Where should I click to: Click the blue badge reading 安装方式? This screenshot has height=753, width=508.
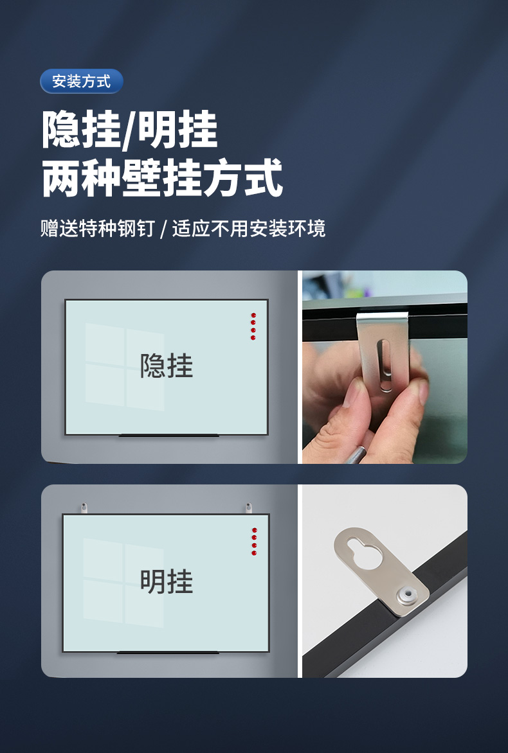(x=81, y=81)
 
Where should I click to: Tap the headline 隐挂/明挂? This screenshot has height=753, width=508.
(x=130, y=130)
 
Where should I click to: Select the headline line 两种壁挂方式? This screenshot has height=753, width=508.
(x=162, y=178)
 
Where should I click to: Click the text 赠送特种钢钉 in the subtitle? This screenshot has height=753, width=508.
(x=97, y=228)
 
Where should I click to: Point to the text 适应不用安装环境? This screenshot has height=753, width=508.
(x=249, y=228)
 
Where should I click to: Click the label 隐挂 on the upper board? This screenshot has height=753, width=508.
(x=167, y=366)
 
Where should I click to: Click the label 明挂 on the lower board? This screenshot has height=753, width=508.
(x=167, y=581)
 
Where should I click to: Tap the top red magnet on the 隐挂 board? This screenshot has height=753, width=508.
(x=253, y=315)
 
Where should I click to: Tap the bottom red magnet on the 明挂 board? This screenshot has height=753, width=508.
(x=254, y=553)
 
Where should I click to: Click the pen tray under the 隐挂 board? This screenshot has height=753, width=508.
(x=168, y=436)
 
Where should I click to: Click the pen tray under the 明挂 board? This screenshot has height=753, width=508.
(x=168, y=653)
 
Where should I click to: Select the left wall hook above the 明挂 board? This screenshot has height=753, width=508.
(x=84, y=508)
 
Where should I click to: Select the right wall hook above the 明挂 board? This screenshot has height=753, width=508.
(x=248, y=508)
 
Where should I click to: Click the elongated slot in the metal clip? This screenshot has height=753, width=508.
(x=385, y=365)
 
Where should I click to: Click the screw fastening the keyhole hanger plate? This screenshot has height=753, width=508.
(x=408, y=596)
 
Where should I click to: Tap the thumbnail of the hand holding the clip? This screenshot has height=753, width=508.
(x=385, y=367)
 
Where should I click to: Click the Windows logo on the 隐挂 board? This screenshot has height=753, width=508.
(x=125, y=366)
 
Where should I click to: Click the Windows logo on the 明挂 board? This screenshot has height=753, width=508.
(x=123, y=583)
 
